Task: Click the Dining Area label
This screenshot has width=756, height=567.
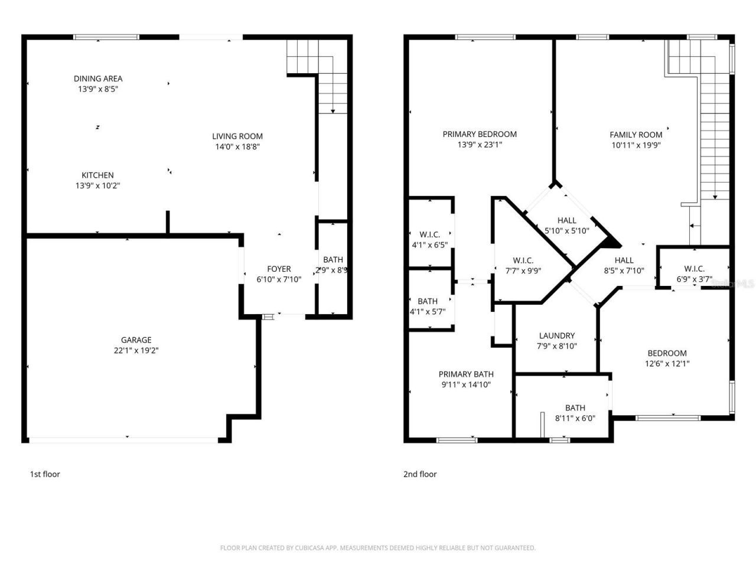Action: [x=98, y=79]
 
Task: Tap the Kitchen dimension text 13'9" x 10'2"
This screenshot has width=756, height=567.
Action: [x=98, y=186]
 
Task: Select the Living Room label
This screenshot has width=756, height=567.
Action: [x=237, y=136]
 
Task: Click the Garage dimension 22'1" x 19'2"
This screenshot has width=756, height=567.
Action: [x=136, y=350]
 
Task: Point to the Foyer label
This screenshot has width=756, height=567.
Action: [x=279, y=269]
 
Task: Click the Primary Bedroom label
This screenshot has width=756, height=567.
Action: [x=480, y=134]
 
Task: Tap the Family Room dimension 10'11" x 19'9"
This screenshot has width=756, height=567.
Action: [x=636, y=145]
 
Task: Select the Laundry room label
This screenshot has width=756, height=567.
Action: [x=556, y=335]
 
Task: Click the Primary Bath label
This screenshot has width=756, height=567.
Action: [x=466, y=374]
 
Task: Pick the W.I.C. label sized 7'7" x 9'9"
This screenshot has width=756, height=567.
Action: [x=523, y=260]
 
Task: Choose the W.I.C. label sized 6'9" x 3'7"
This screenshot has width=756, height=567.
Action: [x=694, y=269]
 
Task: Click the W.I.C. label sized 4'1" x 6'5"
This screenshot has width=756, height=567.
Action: [x=429, y=234]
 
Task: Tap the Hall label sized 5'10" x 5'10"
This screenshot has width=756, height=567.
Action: [x=566, y=221]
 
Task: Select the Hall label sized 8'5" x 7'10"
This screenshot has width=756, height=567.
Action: [x=624, y=260]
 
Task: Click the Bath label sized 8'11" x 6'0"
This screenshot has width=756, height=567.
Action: [x=575, y=408]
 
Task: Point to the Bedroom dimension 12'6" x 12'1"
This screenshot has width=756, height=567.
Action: [x=667, y=364]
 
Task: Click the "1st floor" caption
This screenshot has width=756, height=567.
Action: [x=45, y=474]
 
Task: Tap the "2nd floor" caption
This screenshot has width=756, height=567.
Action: [x=420, y=474]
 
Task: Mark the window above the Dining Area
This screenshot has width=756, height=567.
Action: [x=106, y=37]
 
